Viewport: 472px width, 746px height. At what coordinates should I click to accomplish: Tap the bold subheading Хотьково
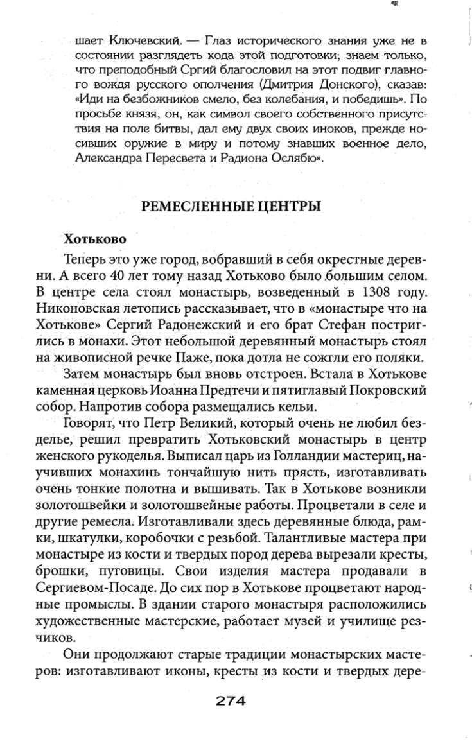coord(94,238)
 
